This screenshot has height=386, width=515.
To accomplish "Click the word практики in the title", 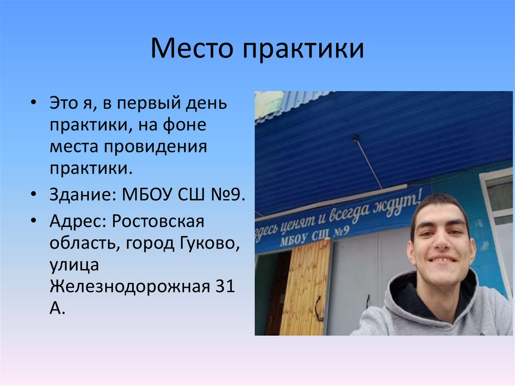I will [x=304, y=50].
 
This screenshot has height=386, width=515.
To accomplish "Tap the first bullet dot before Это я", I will [x=33, y=102].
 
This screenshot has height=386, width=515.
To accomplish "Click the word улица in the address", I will [x=71, y=265].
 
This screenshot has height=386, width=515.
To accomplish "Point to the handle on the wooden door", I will [x=318, y=308].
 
